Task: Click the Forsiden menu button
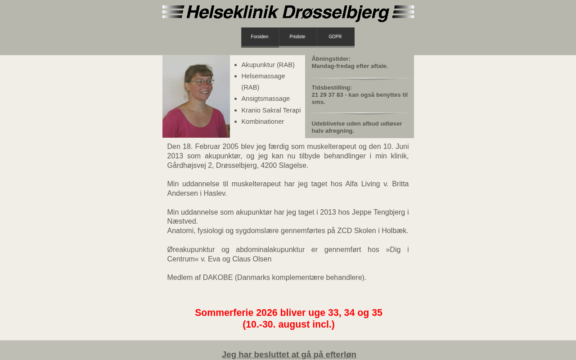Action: pyautogui.click(x=260, y=37)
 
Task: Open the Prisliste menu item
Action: pyautogui.click(x=297, y=37)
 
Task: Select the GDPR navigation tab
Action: pyautogui.click(x=335, y=37)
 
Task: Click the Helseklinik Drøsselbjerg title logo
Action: pyautogui.click(x=288, y=13)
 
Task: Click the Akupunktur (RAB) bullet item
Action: pyautogui.click(x=268, y=65)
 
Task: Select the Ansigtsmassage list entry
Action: pyautogui.click(x=265, y=99)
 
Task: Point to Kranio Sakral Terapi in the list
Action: pyautogui.click(x=271, y=110)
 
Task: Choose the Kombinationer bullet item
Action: pyautogui.click(x=262, y=121)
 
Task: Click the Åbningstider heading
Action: pyautogui.click(x=331, y=59)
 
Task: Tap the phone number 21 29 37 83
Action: pyautogui.click(x=327, y=95)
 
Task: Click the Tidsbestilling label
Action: pyautogui.click(x=332, y=88)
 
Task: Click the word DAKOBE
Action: pyautogui.click(x=218, y=278)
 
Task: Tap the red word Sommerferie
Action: pyautogui.click(x=224, y=313)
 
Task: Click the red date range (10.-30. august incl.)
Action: pyautogui.click(x=288, y=324)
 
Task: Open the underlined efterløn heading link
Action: pyautogui.click(x=289, y=355)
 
